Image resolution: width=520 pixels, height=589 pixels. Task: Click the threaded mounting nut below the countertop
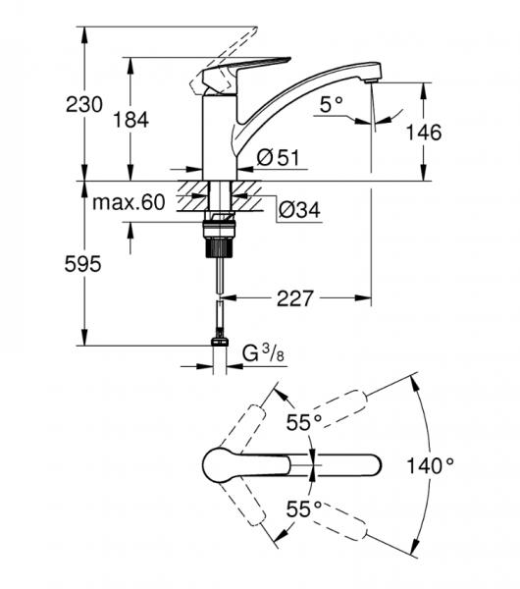click(x=220, y=236)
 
